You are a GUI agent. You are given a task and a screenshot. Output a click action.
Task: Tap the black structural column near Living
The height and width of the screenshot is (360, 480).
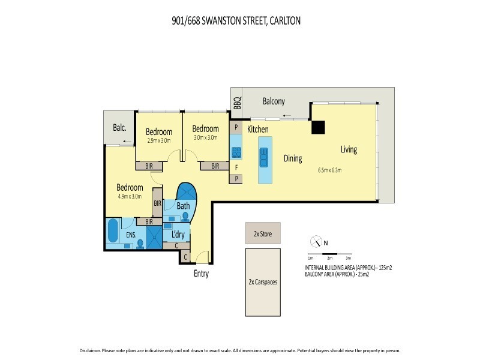coord(317,128)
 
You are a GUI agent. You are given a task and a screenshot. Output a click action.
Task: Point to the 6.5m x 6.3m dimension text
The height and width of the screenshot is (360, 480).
coord(330,170)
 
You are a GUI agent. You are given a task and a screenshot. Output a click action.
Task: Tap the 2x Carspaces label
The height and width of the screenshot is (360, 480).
coord(262,281)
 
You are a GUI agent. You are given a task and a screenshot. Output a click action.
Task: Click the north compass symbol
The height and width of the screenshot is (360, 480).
coord(316,242)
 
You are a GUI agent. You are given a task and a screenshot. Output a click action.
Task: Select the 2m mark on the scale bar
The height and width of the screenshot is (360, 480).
coord(329,257)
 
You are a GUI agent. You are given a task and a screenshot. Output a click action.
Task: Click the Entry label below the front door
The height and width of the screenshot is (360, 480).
coord(201,274)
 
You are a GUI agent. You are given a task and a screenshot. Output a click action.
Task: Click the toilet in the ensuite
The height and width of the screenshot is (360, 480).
coord(140,243)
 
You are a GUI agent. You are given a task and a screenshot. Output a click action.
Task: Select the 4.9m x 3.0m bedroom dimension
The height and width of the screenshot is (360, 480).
coord(128,196)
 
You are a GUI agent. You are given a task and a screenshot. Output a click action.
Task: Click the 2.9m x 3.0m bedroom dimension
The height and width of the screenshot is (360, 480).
coord(159,141)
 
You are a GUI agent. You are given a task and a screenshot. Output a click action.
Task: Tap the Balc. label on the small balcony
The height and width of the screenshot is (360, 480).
coord(119,127)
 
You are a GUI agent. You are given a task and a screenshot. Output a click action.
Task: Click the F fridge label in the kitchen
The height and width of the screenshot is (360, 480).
coord(236,167)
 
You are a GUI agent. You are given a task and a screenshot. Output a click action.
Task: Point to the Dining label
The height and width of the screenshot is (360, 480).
coord(293,158)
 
